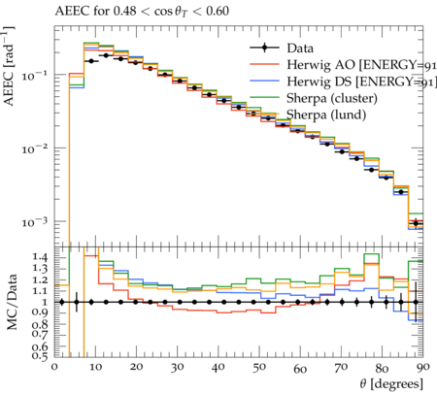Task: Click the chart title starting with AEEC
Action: (x=142, y=12)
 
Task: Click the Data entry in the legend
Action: (x=300, y=49)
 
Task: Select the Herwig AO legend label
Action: (x=361, y=65)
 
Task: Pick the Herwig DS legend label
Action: (x=361, y=82)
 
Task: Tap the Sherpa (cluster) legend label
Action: (x=332, y=98)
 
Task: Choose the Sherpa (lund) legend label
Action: (x=326, y=115)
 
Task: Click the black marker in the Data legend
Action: (x=264, y=48)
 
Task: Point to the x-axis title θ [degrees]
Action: (x=391, y=384)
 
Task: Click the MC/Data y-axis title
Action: (x=12, y=302)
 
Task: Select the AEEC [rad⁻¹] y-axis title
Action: (x=9, y=66)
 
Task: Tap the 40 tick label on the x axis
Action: (x=218, y=368)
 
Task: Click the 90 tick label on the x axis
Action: (x=422, y=368)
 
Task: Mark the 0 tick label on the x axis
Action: (x=54, y=368)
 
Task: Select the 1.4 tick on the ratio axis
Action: (x=40, y=258)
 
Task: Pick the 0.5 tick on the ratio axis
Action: (x=40, y=356)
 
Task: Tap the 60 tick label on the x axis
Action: (x=300, y=368)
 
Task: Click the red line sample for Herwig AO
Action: (x=264, y=64)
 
